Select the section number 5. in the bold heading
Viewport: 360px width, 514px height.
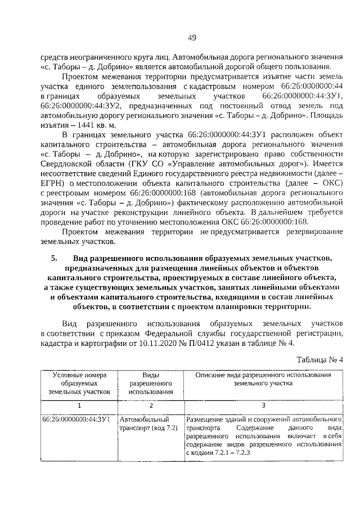pos(55,258)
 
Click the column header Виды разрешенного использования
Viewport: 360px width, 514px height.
pos(150,383)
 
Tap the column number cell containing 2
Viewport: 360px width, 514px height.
pos(150,405)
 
